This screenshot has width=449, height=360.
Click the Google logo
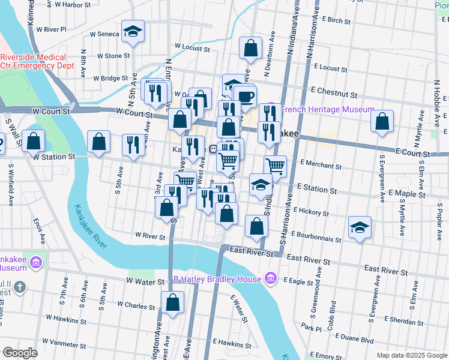click(x=20, y=353)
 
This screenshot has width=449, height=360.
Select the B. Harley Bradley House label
click(x=217, y=279)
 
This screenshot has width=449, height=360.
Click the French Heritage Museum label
click(x=327, y=110)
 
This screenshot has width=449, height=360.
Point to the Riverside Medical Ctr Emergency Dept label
click(x=36, y=61)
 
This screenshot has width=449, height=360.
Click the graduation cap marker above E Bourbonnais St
click(x=360, y=227)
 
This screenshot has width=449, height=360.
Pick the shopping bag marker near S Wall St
click(x=35, y=142)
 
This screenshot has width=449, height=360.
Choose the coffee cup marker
click(x=245, y=96)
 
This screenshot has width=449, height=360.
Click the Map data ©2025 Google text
click(x=412, y=355)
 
